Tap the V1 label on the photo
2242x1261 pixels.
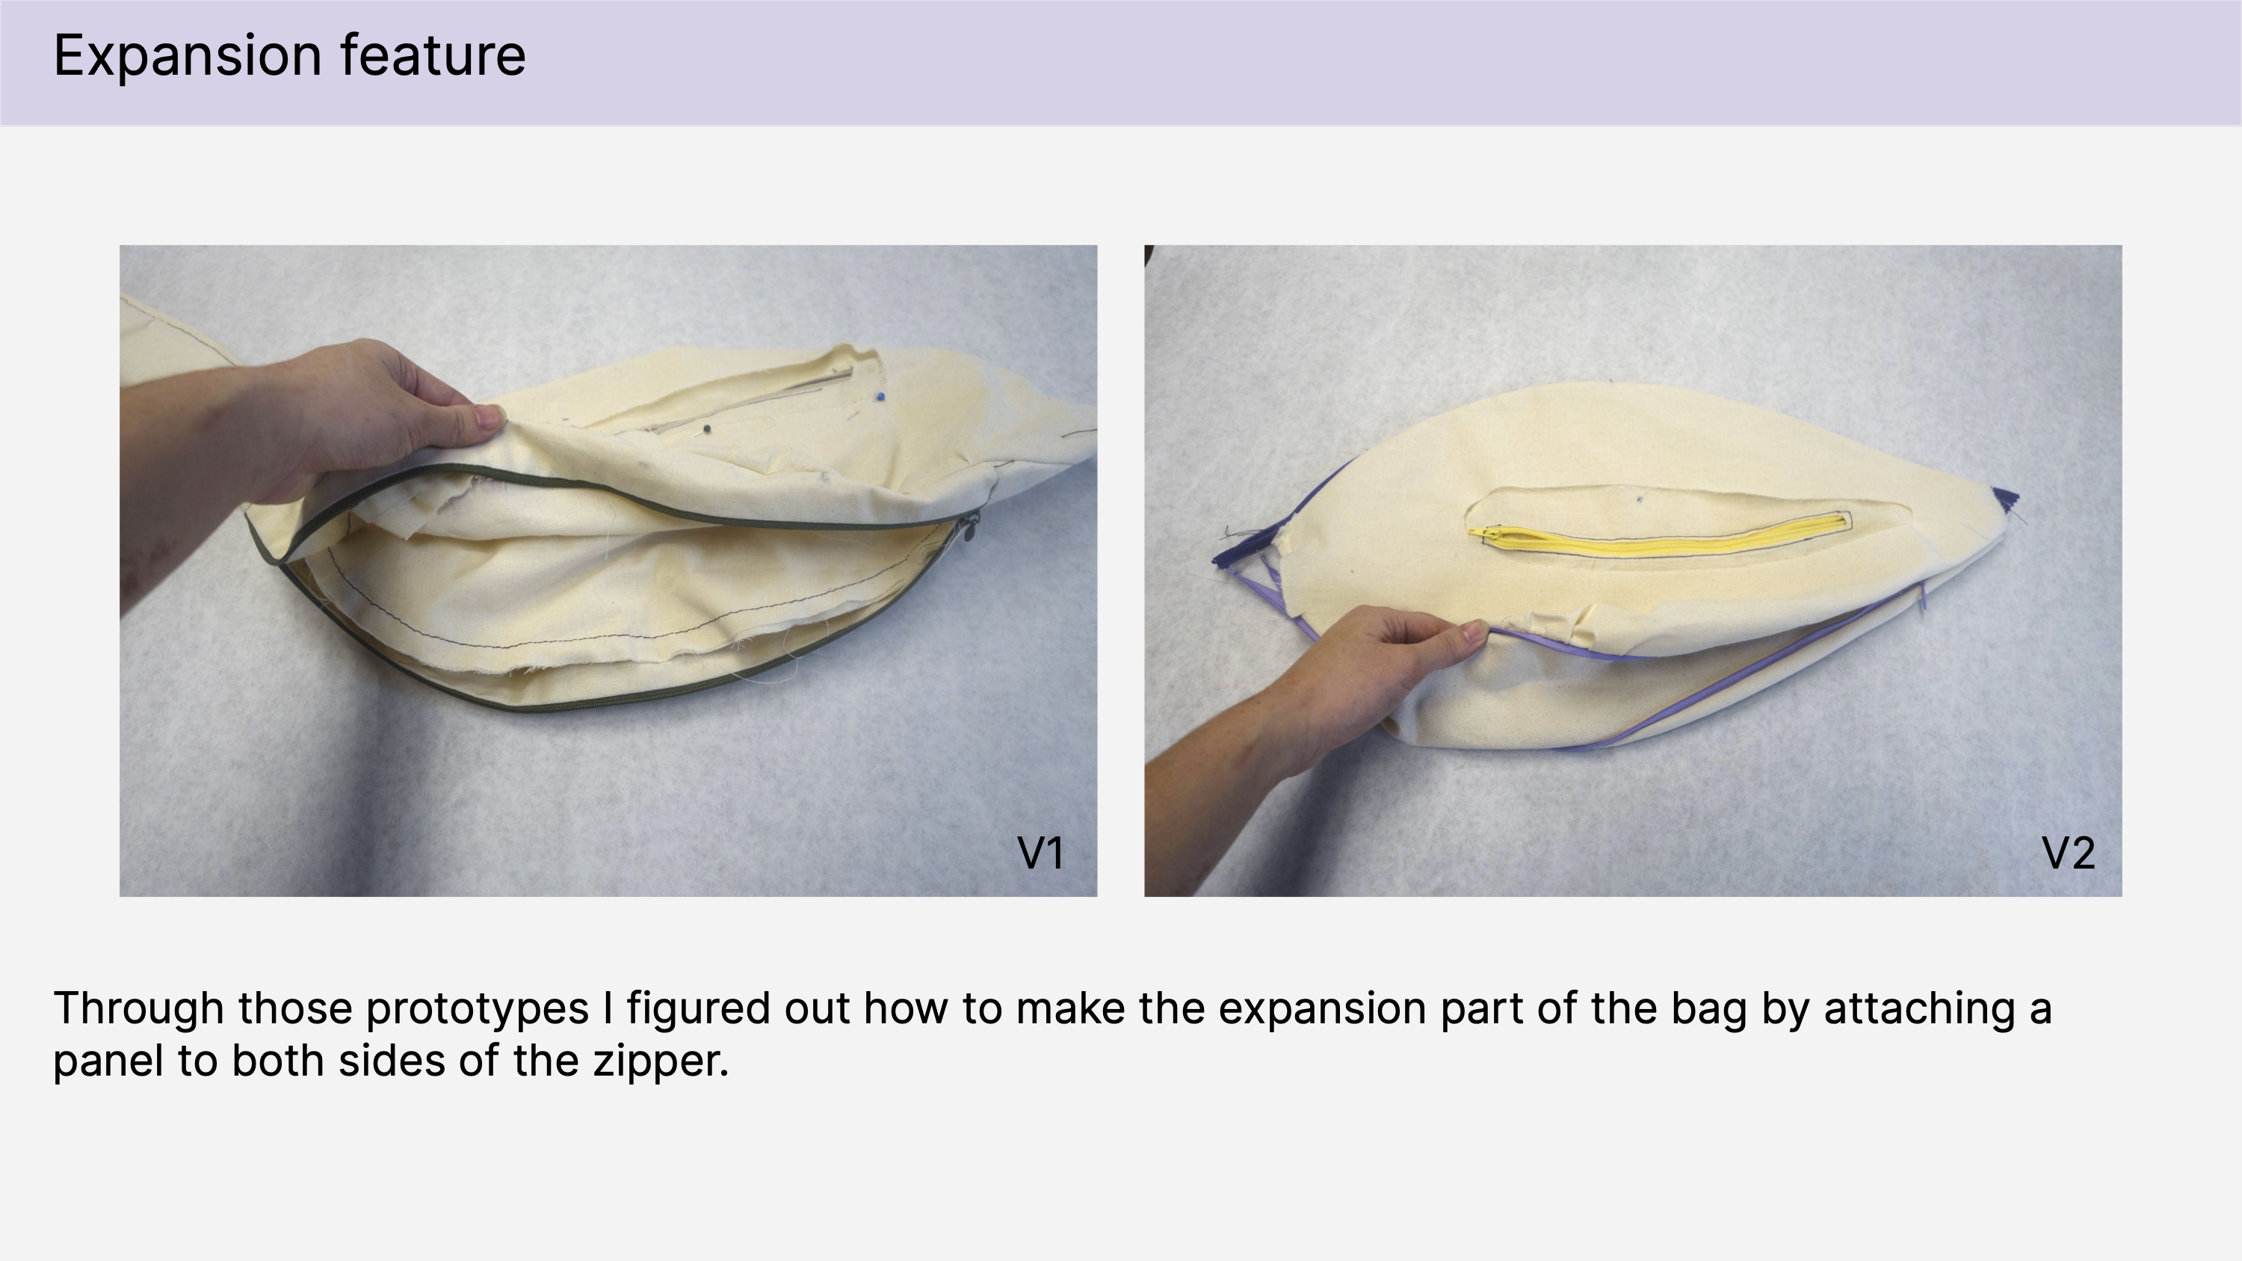tap(1040, 854)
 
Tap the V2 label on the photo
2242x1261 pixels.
tap(2068, 854)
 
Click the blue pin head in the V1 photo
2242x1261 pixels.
tap(881, 397)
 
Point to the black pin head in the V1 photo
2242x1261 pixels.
tap(707, 428)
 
